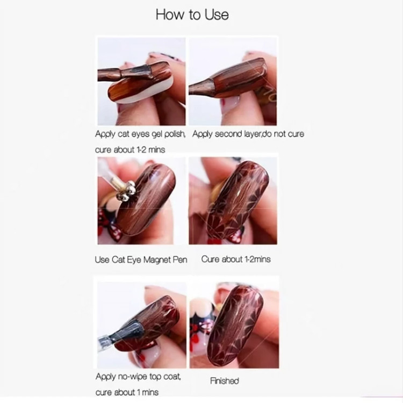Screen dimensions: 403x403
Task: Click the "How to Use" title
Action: point(192,15)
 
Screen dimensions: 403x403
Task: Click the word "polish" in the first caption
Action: point(175,134)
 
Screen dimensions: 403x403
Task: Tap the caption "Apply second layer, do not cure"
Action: point(248,134)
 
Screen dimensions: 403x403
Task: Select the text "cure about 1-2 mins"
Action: point(130,149)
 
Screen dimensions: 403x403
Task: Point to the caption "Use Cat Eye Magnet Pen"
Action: point(141,260)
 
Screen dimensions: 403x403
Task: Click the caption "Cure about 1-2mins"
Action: point(236,259)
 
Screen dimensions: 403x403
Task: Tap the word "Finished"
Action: point(225,380)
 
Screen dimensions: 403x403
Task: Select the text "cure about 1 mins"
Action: point(127,392)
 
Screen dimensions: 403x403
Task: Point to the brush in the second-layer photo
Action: point(226,78)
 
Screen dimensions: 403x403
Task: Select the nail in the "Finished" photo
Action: point(235,325)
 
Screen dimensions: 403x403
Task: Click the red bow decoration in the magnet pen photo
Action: point(109,226)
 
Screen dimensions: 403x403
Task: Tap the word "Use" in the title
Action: point(217,15)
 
